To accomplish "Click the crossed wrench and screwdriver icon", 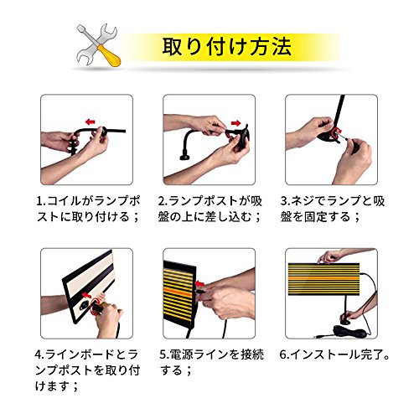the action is point(98,45).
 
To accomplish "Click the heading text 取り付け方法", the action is point(227,47).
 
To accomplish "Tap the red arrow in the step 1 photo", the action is point(91,122).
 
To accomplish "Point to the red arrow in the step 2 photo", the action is point(236,123).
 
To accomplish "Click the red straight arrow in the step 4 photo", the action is point(87,294).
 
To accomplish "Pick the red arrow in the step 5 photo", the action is point(199,284).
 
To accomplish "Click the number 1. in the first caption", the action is point(40,201).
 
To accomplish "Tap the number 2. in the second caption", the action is point(163,201).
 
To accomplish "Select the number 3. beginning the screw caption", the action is point(285,201).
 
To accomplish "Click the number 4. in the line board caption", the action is point(39,354).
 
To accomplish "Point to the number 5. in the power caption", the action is point(164,354).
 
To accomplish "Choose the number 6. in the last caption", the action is point(284,354).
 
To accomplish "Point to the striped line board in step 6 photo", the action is point(323,278).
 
